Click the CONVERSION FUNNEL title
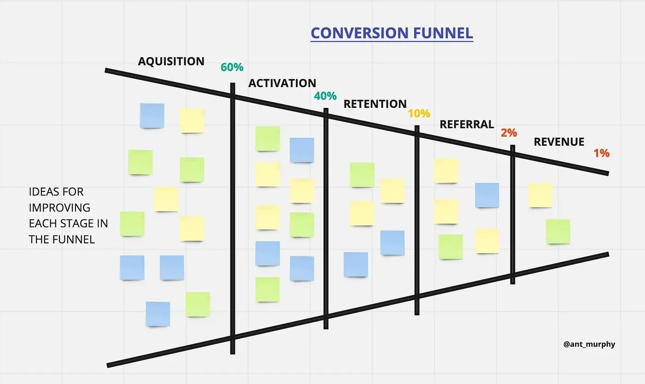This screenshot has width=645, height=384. tap(392, 33)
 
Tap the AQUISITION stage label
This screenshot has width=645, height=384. tap(171, 61)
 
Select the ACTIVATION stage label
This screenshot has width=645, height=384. tap(282, 83)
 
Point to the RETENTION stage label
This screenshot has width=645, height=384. tap(375, 104)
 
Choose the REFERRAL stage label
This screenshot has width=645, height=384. tap(467, 124)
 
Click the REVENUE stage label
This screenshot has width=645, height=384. tap(559, 142)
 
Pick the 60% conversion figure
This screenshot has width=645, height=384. tap(232, 67)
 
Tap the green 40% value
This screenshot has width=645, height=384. tap(325, 96)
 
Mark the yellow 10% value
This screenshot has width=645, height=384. tap(419, 113)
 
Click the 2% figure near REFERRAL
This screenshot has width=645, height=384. tap(509, 133)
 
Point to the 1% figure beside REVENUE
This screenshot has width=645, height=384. tap(602, 154)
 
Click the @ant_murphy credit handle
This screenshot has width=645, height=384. tap(589, 344)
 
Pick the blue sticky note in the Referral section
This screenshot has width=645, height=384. tap(487, 195)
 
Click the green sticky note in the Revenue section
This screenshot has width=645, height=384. tap(558, 231)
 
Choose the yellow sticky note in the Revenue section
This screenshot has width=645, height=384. tap(540, 195)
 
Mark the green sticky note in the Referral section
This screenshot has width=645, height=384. tap(451, 247)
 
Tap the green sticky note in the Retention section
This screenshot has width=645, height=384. tap(362, 175)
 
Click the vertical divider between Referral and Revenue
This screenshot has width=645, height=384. tap(512, 214)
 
